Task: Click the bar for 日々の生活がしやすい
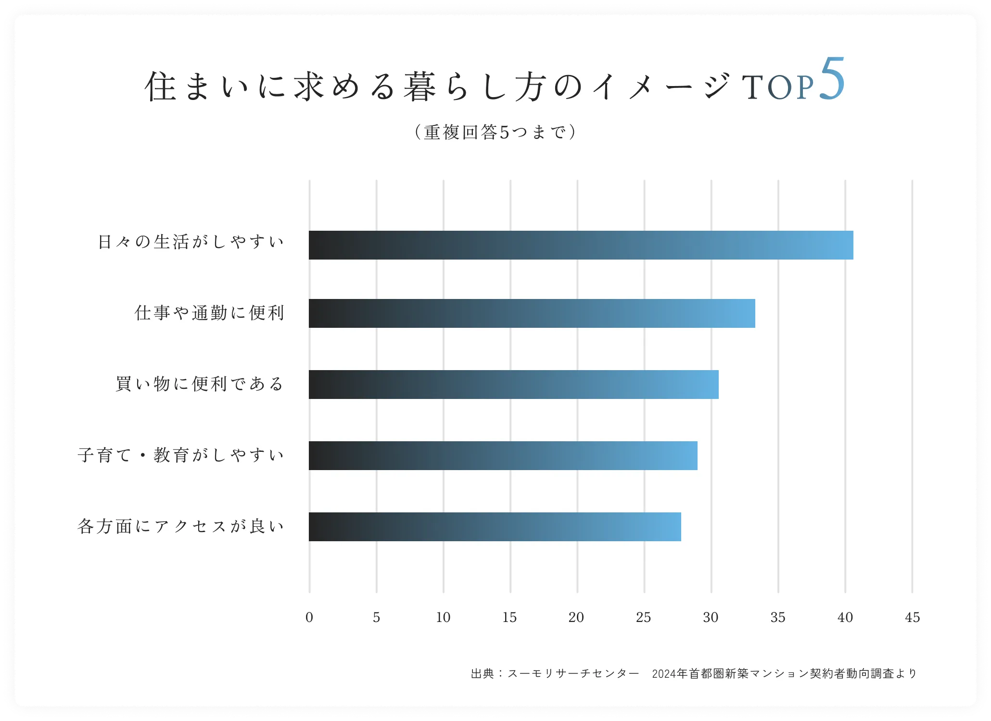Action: pos(581,245)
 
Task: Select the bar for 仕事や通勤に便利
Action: pos(532,313)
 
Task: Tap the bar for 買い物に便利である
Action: pos(513,385)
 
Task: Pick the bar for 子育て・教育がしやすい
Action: pos(503,456)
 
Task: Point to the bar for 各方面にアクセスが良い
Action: pos(495,527)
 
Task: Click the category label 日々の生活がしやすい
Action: pos(191,242)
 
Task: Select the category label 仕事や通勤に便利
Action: pos(210,313)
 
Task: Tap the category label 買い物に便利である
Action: pos(200,384)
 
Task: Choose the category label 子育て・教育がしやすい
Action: pos(181,455)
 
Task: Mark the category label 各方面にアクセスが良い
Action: pos(181,526)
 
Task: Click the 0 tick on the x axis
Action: pos(309,618)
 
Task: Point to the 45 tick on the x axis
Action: pos(912,618)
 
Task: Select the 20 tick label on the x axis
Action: pos(576,618)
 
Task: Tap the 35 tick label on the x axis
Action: pos(778,618)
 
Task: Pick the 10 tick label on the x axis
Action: pos(443,618)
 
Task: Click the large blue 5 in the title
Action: pos(832,79)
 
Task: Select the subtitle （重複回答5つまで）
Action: pos(495,132)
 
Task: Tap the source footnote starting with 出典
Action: pos(694,674)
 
